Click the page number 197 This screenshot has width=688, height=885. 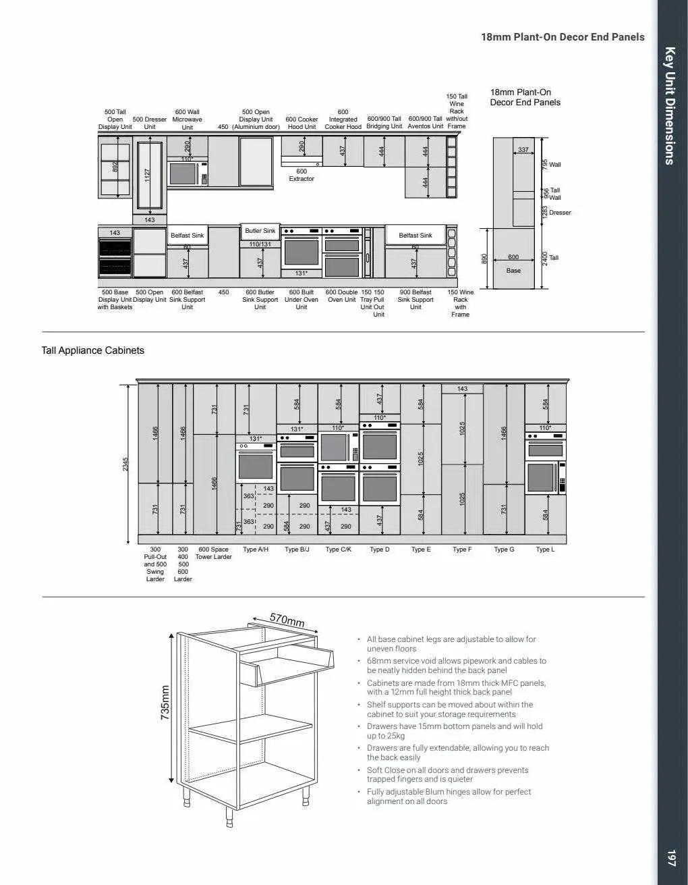tap(670, 857)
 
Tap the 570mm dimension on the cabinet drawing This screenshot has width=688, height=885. tap(287, 619)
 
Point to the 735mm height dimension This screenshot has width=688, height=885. tap(165, 703)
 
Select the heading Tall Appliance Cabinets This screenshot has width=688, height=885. tap(93, 350)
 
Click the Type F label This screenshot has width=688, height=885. tap(462, 549)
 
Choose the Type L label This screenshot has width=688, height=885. tap(545, 549)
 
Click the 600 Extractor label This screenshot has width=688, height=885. tap(302, 175)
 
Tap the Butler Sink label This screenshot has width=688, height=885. tap(260, 231)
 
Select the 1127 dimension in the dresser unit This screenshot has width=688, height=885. tap(148, 174)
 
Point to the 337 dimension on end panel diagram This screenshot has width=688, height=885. tap(523, 150)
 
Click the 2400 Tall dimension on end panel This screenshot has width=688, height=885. tap(545, 258)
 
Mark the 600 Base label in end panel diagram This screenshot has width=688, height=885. tap(513, 263)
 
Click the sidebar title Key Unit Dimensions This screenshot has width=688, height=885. tap(670, 105)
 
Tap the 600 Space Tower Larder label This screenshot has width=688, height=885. tap(213, 553)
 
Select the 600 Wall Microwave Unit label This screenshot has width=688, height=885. tap(187, 119)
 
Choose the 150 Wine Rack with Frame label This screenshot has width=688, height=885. tap(460, 303)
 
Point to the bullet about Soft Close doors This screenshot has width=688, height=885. tap(447, 774)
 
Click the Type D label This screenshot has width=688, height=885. tap(379, 549)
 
